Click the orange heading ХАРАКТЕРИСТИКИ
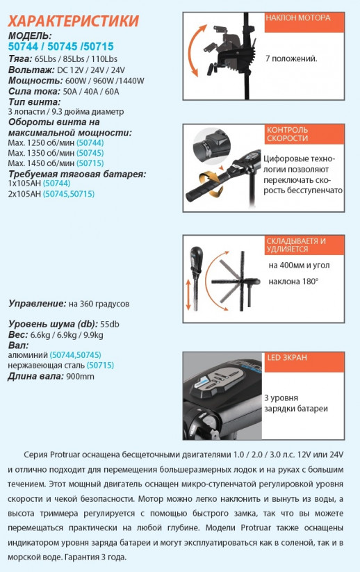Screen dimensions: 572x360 pos(74,21)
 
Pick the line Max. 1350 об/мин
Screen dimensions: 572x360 pos(42,153)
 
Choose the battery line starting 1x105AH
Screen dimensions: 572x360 pos(24,183)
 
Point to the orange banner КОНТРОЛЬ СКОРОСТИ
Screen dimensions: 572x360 pos(288,134)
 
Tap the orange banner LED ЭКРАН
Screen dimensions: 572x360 pos(286,358)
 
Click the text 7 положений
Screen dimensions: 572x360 pos(291,58)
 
